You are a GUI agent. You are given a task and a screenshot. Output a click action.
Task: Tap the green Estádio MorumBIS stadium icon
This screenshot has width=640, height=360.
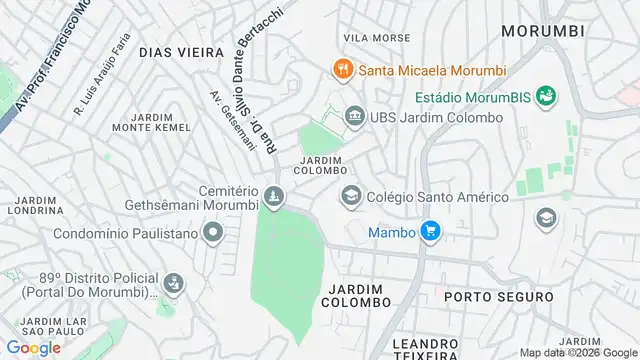click(546, 96)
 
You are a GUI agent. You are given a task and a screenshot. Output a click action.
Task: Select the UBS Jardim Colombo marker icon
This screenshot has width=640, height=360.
click(353, 118)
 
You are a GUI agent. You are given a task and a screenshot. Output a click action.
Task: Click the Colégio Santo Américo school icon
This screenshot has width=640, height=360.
click(351, 195)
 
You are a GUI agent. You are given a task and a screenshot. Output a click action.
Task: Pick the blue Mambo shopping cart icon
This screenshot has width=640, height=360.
click(431, 232)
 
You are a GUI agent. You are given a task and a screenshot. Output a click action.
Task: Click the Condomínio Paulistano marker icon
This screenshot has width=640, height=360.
click(212, 235)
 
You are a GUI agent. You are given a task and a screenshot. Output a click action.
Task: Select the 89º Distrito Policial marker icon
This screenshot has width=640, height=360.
click(173, 283)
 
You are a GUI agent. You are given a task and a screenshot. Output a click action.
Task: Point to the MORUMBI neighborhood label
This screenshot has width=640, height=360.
click(542, 31)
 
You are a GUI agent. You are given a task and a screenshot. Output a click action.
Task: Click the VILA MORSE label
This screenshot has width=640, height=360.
click(377, 38)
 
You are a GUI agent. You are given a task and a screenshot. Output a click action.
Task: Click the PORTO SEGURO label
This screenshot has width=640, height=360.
click(498, 297)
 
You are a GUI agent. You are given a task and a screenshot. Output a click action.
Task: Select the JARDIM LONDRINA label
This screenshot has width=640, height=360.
click(36, 205)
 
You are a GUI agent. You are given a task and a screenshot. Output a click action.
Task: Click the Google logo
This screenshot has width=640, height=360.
click(33, 347)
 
